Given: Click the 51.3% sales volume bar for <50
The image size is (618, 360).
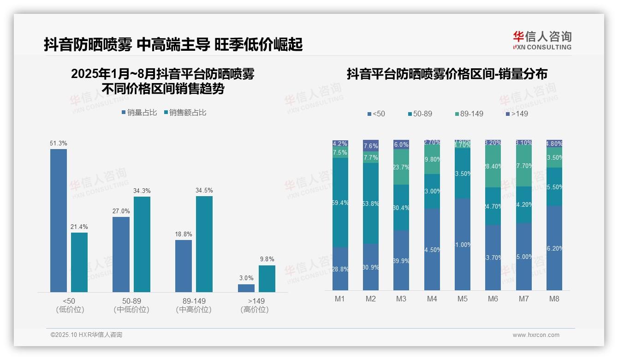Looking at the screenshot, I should click(59, 221).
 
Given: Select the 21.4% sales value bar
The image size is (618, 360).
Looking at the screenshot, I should click(79, 262).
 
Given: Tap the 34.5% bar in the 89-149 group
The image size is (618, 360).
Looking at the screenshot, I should click(204, 244).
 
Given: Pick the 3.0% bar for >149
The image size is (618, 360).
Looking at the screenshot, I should click(246, 288).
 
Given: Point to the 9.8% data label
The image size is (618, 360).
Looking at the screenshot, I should click(267, 259).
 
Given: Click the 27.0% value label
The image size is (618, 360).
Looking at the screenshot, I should click(121, 211).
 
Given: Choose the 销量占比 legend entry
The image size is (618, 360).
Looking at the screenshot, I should click(139, 113).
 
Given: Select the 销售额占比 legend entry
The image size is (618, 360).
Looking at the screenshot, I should click(185, 113).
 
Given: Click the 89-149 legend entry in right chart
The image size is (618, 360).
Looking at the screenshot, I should click(469, 114).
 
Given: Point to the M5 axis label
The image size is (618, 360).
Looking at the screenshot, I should click(462, 299).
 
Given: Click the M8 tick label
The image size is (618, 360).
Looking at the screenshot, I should click(554, 299).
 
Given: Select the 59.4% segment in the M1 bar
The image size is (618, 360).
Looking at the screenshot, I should click(340, 203).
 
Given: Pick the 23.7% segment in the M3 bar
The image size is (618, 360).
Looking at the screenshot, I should click(401, 167).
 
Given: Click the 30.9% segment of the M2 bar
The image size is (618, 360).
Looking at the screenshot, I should click(370, 267).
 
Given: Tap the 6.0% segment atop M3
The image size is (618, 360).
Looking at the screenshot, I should click(401, 144).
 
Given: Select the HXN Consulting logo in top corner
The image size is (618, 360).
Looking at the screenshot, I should click(542, 40).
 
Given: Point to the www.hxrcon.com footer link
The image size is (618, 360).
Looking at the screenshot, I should click(536, 335).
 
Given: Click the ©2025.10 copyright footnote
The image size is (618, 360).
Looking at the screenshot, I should click(86, 335).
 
